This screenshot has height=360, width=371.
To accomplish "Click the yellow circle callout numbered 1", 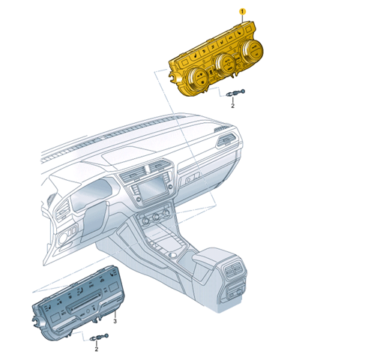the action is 242,11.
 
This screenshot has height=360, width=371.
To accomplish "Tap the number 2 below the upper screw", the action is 232,106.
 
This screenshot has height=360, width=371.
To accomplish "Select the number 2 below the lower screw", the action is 97,349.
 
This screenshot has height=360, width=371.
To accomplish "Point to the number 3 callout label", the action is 115,321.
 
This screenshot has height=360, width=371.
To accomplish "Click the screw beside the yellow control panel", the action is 235,93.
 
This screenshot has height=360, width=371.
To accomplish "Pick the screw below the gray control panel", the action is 99,337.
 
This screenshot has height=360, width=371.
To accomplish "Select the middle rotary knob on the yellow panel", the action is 226,64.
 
